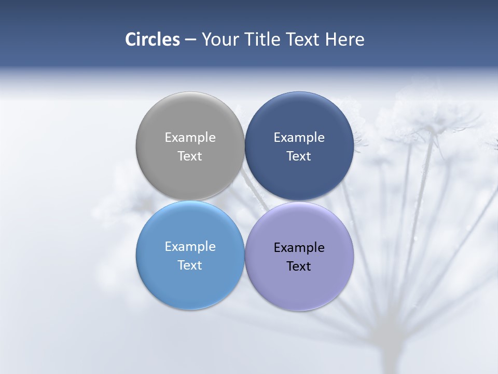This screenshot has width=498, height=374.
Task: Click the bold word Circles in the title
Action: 153,39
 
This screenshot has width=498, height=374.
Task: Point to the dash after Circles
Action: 190,40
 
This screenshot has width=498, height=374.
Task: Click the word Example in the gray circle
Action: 190,137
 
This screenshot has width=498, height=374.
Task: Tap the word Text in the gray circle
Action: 190,156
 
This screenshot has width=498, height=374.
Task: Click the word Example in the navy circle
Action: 299,137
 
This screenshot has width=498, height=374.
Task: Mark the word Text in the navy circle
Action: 299,156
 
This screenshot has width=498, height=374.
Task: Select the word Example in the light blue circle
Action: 190,246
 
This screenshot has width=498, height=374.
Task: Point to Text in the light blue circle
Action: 190,265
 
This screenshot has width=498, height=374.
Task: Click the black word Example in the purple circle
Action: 299,247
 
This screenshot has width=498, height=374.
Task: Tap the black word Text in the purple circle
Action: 299,266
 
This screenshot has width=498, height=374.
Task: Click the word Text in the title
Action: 302,39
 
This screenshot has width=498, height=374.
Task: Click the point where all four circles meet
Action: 244,201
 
